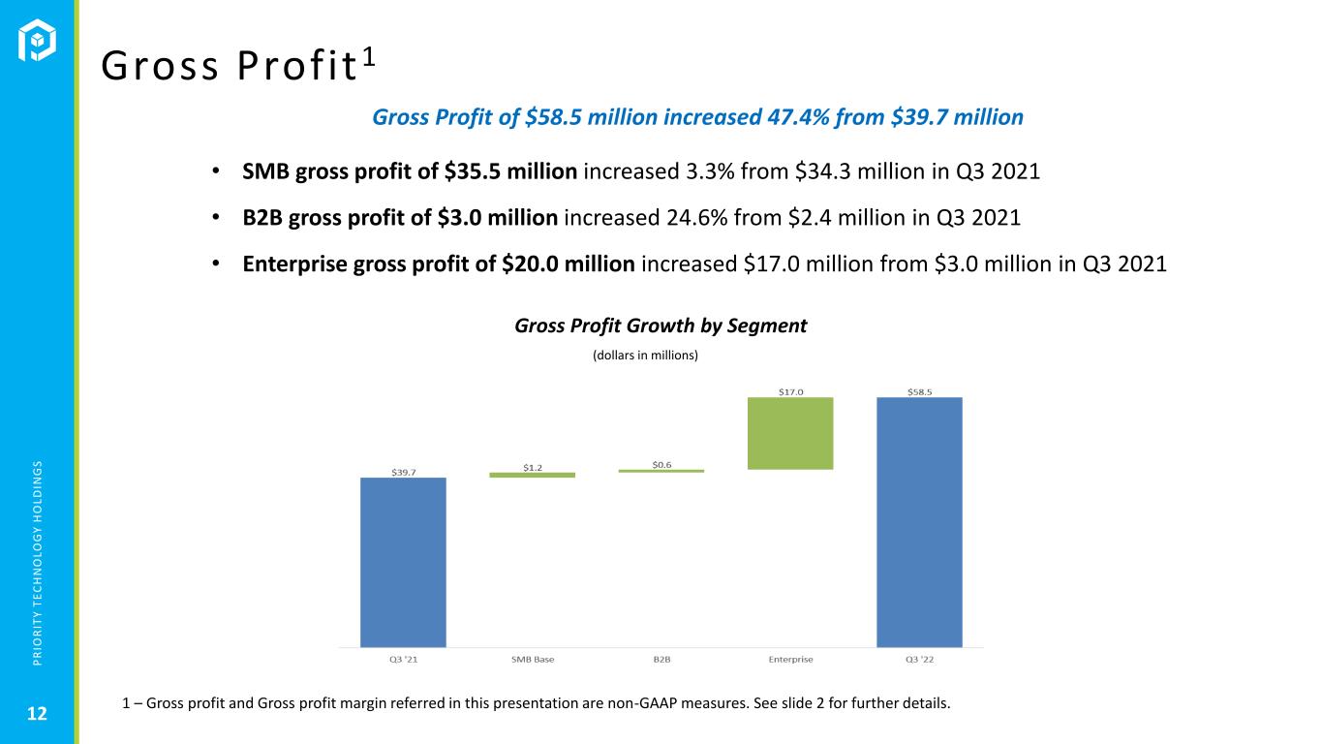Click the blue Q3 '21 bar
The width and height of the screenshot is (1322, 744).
coord(403,562)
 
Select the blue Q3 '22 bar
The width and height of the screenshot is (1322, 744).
coord(919,522)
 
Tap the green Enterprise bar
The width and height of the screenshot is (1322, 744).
coord(790,433)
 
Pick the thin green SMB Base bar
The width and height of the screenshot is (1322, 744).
coord(533,475)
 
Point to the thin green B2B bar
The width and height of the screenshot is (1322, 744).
coord(661,471)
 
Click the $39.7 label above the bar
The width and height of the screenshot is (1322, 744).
coord(404,473)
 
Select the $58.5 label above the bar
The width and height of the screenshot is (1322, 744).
coord(919,392)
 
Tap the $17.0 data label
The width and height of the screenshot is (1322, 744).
coord(791,392)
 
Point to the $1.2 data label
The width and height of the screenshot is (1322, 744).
coord(533,468)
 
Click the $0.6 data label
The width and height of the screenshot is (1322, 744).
coord(661,465)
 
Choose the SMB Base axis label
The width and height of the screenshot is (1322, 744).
coord(533,659)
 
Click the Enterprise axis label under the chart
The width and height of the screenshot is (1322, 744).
coord(791,659)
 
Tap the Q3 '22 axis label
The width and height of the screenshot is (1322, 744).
coord(919,659)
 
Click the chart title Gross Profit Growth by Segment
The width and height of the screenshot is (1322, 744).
coord(661,325)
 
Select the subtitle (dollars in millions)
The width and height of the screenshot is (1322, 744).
coord(645,355)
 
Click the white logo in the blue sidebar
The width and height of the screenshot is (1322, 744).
coord(37,40)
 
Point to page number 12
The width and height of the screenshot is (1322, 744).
coord(37,714)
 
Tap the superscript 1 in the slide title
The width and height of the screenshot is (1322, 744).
coord(369,57)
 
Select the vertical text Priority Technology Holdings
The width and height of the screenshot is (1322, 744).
coord(37,563)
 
